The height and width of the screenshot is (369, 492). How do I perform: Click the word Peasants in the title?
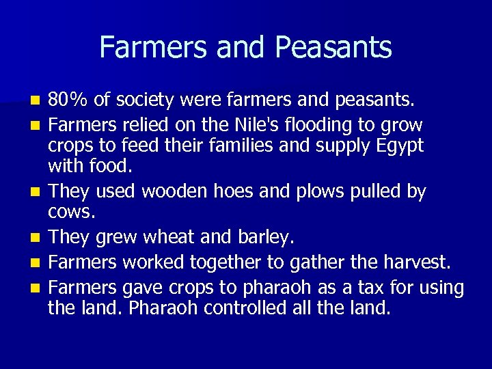(333, 48)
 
